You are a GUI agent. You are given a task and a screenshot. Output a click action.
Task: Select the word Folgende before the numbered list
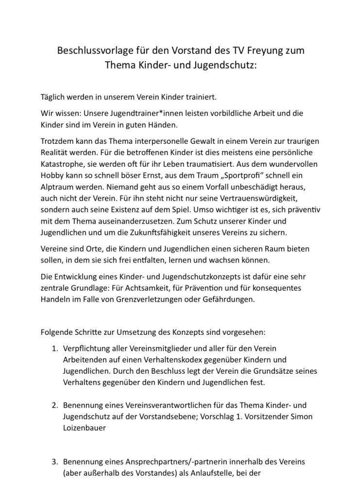[59, 333]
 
